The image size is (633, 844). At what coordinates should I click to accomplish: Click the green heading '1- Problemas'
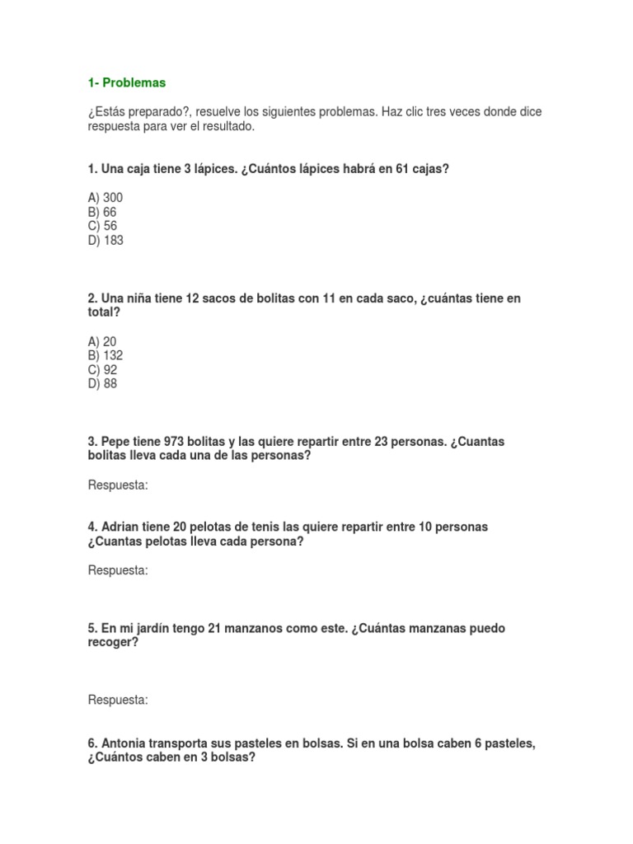click(x=126, y=82)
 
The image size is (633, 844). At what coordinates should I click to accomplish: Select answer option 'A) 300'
click(x=105, y=198)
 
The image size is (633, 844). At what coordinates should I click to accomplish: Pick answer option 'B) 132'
click(x=105, y=355)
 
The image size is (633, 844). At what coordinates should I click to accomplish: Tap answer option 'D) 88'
click(x=102, y=384)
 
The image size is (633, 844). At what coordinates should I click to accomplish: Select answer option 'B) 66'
click(x=102, y=212)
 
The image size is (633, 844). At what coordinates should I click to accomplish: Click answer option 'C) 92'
click(x=102, y=370)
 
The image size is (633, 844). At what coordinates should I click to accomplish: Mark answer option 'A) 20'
click(x=102, y=341)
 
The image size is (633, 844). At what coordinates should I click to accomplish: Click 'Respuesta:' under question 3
click(x=118, y=485)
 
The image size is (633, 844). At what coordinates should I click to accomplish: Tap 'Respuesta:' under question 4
click(x=118, y=570)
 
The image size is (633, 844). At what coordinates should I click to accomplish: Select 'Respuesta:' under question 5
click(x=118, y=700)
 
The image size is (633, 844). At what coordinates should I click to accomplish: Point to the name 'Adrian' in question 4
click(x=120, y=527)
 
